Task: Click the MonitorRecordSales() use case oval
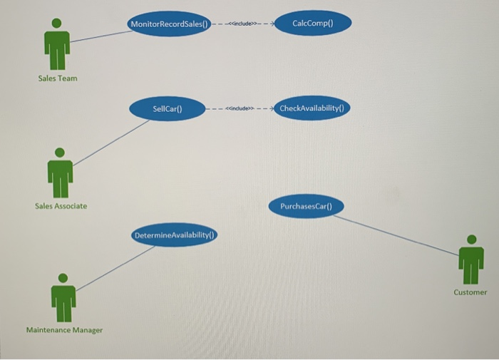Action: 169,24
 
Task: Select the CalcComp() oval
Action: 312,24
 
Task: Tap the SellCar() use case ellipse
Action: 168,109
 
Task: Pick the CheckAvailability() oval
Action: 311,108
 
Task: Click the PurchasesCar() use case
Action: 307,206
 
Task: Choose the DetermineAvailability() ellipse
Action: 175,235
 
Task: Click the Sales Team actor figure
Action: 56,44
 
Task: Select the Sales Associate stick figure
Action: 60,174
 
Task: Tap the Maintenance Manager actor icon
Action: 63,299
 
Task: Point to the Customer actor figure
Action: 470,260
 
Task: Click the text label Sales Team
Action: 57,78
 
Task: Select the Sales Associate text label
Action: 61,206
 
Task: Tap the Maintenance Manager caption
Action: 64,330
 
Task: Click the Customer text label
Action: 470,292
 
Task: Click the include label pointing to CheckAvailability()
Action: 239,109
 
